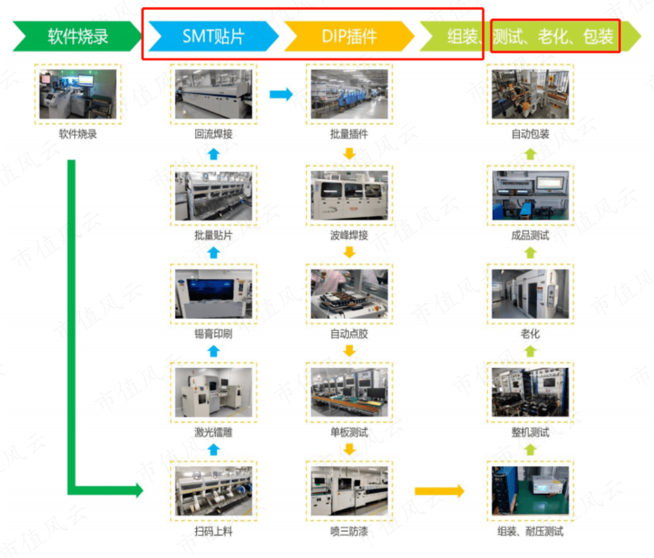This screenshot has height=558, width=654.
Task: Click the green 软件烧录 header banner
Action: [x=78, y=36]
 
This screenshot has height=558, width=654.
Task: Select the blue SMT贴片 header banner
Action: [x=213, y=36]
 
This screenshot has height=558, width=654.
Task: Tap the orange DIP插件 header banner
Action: [x=349, y=36]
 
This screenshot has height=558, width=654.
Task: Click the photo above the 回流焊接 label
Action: [x=213, y=94]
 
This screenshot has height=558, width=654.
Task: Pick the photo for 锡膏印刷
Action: [x=213, y=294]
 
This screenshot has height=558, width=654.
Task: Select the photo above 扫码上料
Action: [x=213, y=491]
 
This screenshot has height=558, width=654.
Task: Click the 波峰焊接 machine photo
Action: [x=349, y=194]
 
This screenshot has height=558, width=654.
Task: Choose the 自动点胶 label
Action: [x=349, y=334]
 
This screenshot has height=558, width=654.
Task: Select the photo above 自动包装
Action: [x=530, y=94]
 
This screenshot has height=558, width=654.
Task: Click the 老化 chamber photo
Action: [x=530, y=294]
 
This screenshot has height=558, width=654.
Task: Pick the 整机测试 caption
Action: [x=530, y=433]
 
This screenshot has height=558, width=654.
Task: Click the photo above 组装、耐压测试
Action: [x=530, y=491]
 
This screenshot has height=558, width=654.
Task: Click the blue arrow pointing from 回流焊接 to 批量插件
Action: [x=280, y=94]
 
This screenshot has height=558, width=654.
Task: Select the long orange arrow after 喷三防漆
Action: [x=439, y=491]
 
